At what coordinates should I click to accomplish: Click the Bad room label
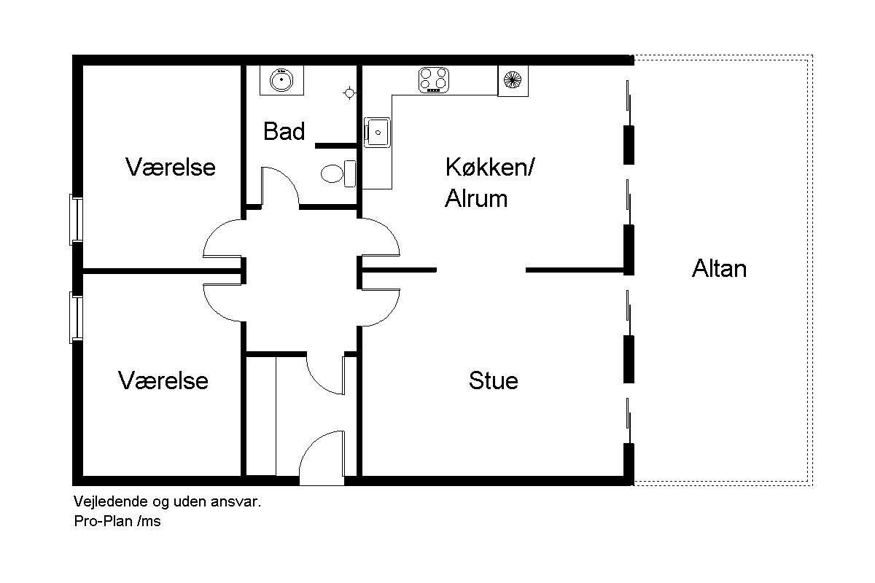click(284, 131)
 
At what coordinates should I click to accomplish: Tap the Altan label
click(719, 269)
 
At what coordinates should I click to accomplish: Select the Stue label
click(494, 380)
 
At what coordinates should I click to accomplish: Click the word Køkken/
click(490, 167)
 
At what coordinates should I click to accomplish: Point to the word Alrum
click(476, 198)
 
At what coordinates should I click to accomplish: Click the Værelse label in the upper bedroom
click(171, 167)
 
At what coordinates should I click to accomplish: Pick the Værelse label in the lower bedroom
click(163, 380)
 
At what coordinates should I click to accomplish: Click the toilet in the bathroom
click(338, 173)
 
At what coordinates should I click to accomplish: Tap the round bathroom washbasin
click(281, 79)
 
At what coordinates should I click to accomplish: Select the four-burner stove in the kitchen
click(434, 80)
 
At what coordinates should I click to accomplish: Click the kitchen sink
click(377, 133)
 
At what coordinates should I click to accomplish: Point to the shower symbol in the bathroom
click(349, 93)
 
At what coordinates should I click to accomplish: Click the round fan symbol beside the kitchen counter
click(513, 80)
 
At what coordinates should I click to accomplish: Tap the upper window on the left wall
click(76, 219)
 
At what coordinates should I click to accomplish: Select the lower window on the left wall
click(76, 318)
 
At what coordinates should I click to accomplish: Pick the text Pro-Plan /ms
click(117, 521)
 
